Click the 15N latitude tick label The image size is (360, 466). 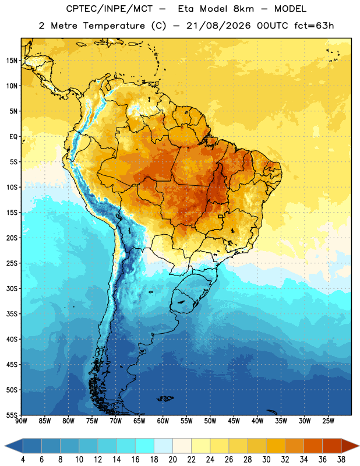pos(12,61)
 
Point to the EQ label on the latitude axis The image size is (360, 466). pos(13,137)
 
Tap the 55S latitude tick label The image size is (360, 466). pos(12,415)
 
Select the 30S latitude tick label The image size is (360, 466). pos(12,288)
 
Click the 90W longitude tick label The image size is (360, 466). pos(21,421)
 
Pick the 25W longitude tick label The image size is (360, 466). pos(328,421)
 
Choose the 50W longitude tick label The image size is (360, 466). pos(210,421)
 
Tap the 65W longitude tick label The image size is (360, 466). pos(139,421)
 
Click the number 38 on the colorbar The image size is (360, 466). pos(341,460)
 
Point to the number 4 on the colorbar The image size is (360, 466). pos(23,460)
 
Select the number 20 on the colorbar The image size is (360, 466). pos(172,460)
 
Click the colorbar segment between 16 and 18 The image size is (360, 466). pos(144,446)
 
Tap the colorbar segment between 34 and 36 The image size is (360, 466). pos(313,446)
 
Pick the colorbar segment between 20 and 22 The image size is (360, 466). pos(182,446)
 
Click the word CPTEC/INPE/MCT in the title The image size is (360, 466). pos(109,9)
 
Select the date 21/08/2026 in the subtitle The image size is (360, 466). pos(218,26)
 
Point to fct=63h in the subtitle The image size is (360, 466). pos(314,26)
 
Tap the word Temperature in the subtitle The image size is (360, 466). pos(114,26)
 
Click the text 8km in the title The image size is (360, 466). pos(243,9)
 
